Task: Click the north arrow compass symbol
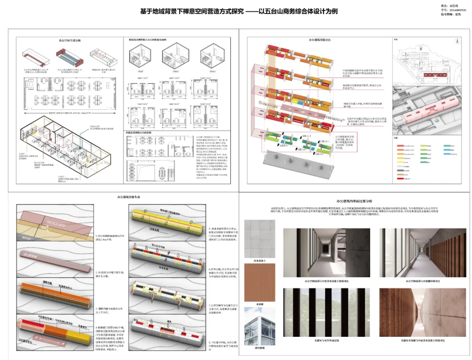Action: click(456, 41)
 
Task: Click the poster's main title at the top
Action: click(239, 12)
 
